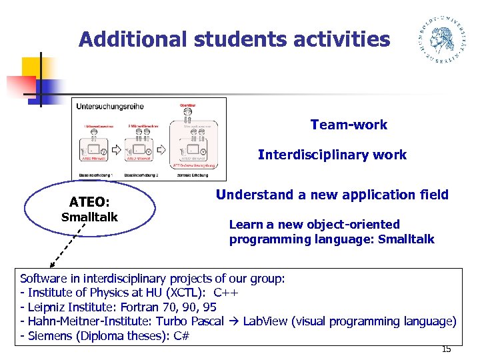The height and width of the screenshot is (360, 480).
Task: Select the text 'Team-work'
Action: click(x=349, y=125)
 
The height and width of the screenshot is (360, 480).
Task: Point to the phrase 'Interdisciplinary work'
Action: click(x=332, y=155)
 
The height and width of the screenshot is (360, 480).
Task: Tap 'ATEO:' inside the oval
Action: click(x=89, y=202)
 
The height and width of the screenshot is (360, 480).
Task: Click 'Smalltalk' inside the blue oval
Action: click(x=89, y=217)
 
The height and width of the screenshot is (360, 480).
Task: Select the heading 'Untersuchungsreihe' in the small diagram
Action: click(x=110, y=106)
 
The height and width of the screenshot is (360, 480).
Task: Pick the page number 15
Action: click(x=446, y=349)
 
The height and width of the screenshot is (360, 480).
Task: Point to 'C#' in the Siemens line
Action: click(x=181, y=335)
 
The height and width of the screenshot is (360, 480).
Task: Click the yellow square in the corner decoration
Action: click(x=31, y=67)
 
